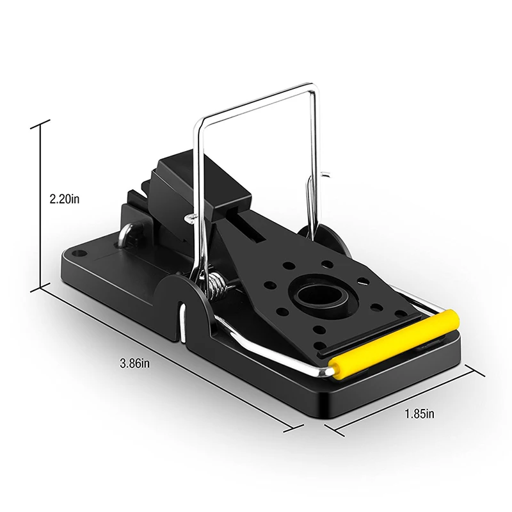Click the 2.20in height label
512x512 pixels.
(x=65, y=199)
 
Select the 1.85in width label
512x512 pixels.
(x=419, y=413)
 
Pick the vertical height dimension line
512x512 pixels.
(x=40, y=205)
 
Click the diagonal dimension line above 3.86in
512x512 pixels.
(x=166, y=358)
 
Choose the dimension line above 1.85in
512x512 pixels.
(x=406, y=400)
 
